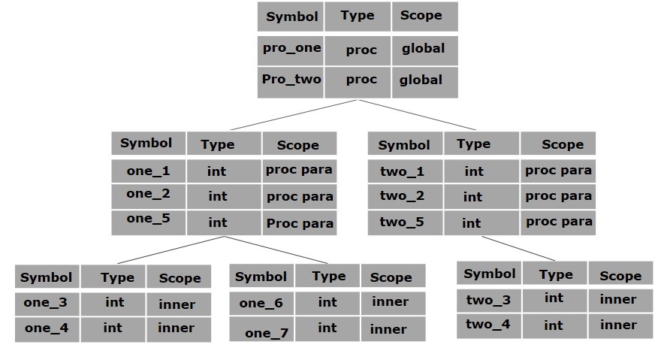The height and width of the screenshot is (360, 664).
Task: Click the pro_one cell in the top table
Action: (x=291, y=49)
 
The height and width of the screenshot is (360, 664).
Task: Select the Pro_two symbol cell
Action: (x=291, y=80)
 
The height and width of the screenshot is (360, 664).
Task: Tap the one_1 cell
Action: (x=148, y=171)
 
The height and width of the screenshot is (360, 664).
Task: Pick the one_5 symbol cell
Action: (x=148, y=221)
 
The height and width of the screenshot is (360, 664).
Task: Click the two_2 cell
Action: (x=402, y=196)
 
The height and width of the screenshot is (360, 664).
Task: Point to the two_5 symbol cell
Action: (x=402, y=222)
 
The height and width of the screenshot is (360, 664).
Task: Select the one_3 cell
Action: (x=47, y=303)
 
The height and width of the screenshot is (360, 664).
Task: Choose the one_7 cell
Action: (x=261, y=330)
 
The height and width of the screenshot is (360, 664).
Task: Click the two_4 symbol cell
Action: (x=488, y=325)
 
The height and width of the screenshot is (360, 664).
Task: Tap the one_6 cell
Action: (x=261, y=303)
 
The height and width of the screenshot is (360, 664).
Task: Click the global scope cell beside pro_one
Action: (x=424, y=49)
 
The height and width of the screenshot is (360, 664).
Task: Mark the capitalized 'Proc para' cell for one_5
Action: (x=299, y=222)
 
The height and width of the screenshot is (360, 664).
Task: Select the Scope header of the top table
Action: (x=424, y=17)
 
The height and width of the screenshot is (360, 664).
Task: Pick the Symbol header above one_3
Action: (x=47, y=277)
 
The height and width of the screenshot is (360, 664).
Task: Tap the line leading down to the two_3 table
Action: (x=518, y=248)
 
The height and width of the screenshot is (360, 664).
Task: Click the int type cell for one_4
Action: (x=113, y=328)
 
